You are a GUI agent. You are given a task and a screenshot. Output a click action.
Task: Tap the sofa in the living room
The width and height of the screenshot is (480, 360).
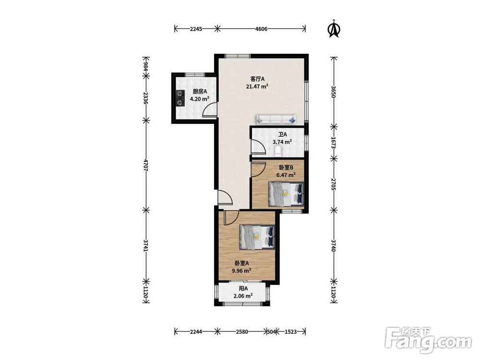[x=276, y=120]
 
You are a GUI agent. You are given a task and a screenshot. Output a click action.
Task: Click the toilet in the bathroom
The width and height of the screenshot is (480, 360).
[x=278, y=150]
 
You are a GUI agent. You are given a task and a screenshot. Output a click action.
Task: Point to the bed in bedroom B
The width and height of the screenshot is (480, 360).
[x=286, y=194]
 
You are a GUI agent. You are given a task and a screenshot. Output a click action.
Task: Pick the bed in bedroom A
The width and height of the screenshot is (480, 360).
[x=257, y=237]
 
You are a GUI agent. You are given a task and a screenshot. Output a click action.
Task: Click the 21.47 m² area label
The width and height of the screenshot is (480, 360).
[x=257, y=86]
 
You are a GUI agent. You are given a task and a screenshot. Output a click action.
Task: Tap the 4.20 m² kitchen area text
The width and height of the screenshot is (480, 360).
[x=200, y=98]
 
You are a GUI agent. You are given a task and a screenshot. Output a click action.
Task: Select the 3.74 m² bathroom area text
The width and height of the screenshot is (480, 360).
[x=282, y=142]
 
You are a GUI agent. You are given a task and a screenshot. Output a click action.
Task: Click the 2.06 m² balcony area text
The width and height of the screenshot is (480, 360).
[x=243, y=296]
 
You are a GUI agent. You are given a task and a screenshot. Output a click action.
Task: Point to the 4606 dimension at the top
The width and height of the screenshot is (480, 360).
[x=261, y=29]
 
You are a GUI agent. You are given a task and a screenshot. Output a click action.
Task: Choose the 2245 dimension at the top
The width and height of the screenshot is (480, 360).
[x=196, y=29]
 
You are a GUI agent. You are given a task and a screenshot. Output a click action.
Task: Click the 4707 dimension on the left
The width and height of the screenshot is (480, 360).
[x=146, y=165]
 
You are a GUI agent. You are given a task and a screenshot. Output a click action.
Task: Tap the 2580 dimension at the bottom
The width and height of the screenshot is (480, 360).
[x=242, y=332]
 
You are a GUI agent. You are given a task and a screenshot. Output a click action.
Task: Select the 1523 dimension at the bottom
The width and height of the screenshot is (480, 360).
[x=290, y=332]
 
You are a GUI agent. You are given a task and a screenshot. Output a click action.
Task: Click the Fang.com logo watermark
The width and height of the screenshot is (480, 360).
[x=428, y=340]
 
